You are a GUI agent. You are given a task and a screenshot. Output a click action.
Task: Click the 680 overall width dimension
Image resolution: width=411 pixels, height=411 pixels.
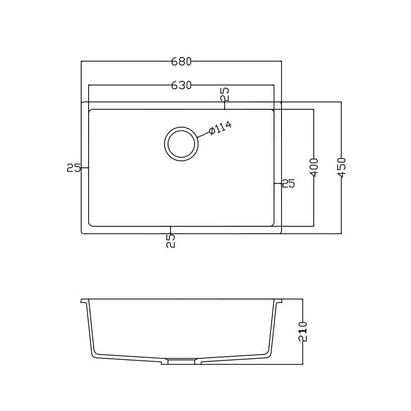click(181, 61)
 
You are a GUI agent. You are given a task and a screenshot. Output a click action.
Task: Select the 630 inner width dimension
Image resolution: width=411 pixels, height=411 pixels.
click(181, 85)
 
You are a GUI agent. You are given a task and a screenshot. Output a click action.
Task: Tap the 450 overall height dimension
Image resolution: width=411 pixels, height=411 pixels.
click(342, 168)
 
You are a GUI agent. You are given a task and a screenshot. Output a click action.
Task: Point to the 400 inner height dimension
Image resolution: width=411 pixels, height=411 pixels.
click(314, 168)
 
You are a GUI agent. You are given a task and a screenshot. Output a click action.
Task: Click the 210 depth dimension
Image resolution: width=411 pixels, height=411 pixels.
click(302, 331)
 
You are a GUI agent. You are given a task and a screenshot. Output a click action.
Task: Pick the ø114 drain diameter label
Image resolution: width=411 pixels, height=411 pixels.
click(220, 127)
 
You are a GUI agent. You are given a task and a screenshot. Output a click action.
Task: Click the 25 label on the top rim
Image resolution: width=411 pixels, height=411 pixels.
click(225, 94)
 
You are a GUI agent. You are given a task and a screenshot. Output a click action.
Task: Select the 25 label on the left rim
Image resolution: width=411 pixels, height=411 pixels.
click(73, 168)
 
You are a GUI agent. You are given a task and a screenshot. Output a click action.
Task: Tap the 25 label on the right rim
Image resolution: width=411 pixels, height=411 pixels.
click(288, 183)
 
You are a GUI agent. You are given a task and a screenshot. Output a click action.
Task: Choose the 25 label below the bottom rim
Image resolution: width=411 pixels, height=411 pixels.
click(171, 241)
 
